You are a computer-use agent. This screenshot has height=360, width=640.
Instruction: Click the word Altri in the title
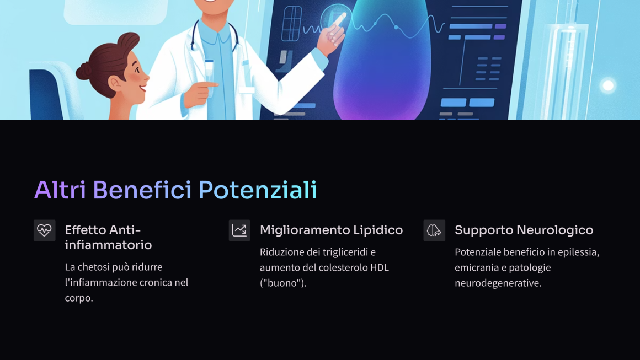coord(60,190)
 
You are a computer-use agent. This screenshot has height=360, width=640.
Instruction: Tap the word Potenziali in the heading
coord(258,190)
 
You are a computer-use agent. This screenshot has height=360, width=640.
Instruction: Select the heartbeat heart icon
coord(45,230)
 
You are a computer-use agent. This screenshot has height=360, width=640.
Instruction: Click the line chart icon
coord(239,230)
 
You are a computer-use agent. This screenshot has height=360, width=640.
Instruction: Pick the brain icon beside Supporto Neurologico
coord(434,230)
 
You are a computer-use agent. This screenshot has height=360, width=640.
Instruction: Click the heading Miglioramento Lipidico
coord(332,230)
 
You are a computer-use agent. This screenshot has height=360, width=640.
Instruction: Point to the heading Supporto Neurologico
coord(524,230)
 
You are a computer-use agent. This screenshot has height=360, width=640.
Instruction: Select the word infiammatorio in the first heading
coord(108,245)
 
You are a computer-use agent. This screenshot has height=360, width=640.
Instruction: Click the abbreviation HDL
coord(380,267)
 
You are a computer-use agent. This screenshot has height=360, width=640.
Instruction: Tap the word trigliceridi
coord(345,252)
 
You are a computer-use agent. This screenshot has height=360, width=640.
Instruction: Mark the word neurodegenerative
coord(498,283)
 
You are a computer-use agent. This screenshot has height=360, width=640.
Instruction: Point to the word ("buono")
coord(283,283)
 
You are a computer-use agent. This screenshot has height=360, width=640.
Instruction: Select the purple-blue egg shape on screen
coord(382,61)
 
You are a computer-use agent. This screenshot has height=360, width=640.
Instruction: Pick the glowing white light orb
coord(608,85)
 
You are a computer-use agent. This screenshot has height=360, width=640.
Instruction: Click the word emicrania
coord(474,268)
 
